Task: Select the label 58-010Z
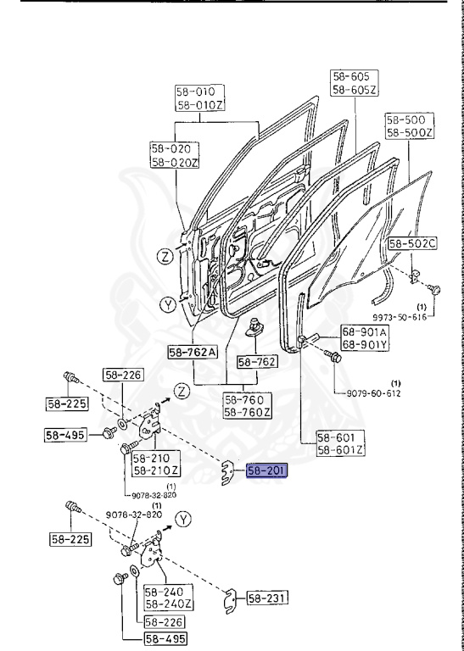[x=199, y=105]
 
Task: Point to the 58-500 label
[x=405, y=120]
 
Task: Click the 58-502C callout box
[x=412, y=244]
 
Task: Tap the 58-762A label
[x=193, y=351]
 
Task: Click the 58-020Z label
[x=174, y=161]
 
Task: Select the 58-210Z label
[x=156, y=470]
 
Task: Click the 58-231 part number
[x=268, y=598]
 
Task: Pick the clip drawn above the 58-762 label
[x=254, y=327]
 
